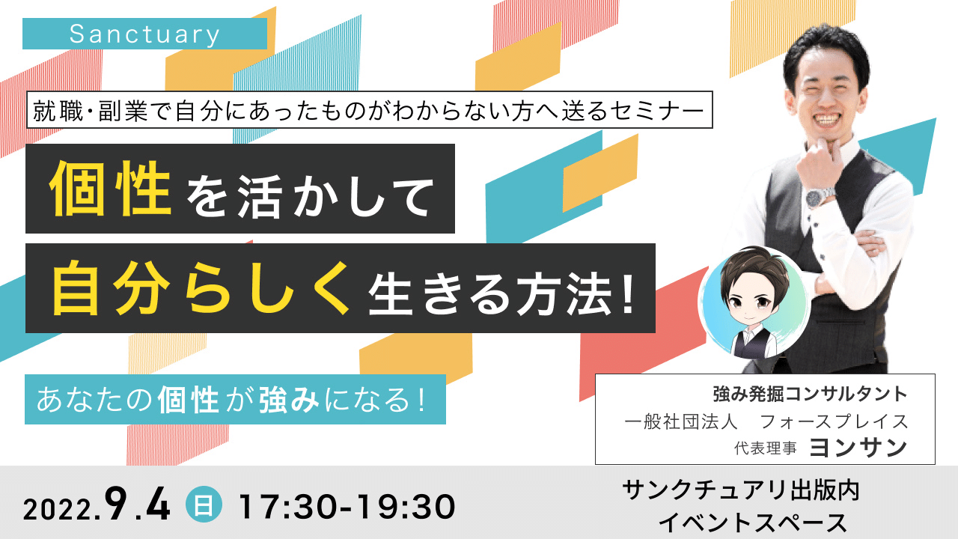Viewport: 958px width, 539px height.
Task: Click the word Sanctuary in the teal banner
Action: coord(144,34)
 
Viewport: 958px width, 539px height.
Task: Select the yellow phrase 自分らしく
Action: coord(201,288)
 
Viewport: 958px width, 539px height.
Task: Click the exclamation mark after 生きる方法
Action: coord(628,295)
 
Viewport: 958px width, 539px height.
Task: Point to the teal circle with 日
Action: coord(204,505)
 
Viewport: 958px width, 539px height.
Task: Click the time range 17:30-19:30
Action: coord(347,508)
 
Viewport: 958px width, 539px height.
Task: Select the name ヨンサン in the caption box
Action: coord(858,448)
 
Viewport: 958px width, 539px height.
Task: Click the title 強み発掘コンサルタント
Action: coord(810,395)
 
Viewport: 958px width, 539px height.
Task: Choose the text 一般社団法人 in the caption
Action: coord(681,421)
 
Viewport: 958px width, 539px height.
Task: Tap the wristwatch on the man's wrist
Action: coord(817,197)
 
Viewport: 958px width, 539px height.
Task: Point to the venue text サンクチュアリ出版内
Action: coord(741,490)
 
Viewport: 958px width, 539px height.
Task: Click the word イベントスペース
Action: coord(752,522)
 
